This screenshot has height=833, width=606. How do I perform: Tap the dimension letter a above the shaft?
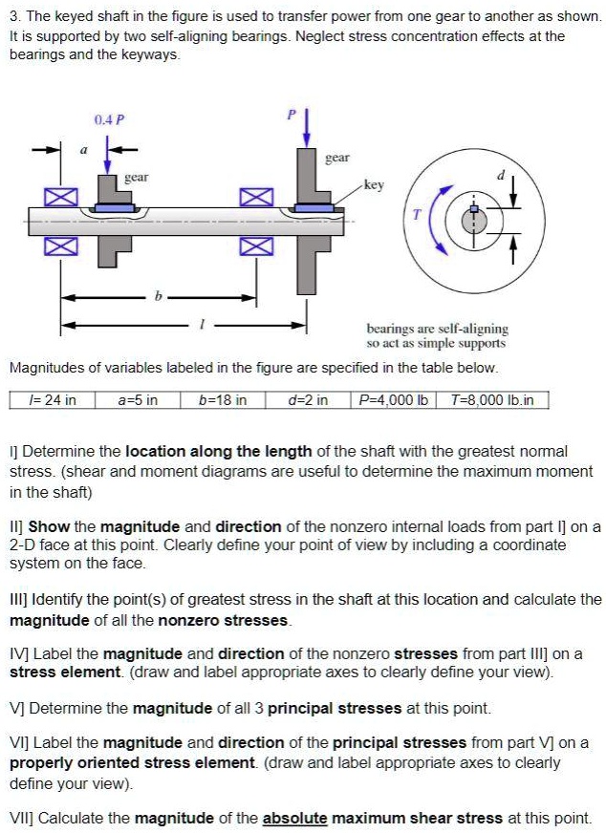pos(83,150)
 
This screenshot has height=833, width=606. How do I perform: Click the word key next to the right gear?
pos(374,185)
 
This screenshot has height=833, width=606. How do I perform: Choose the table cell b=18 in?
pos(223,399)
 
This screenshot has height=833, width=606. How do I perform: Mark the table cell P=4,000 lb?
pos(392,399)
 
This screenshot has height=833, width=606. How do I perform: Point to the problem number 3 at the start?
pos(13,17)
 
